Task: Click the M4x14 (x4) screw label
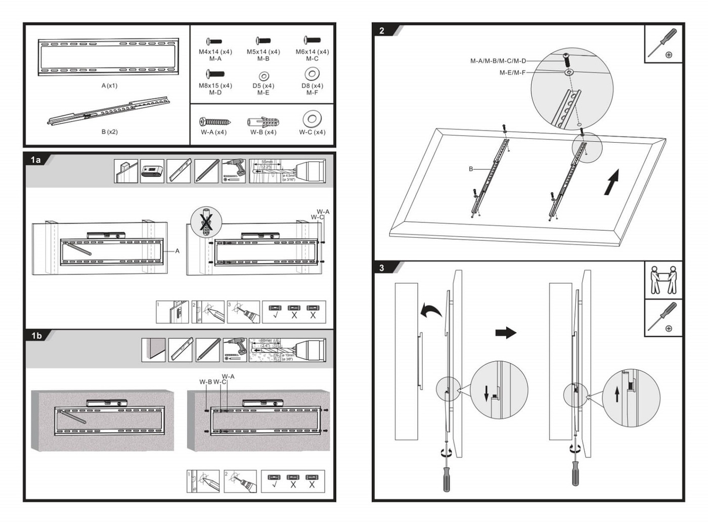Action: [x=215, y=52]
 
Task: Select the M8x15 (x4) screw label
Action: [x=215, y=85]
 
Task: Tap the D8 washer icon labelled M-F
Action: [x=312, y=74]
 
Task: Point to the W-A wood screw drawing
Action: [x=215, y=122]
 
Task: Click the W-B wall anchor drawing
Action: [x=263, y=122]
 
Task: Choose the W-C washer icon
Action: [x=312, y=119]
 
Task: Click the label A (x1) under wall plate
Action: [x=109, y=85]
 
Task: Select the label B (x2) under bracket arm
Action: [x=109, y=132]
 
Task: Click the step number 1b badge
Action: [x=36, y=335]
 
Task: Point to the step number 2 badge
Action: [x=382, y=31]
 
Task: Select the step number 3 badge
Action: [x=382, y=268]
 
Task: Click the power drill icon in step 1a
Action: [x=234, y=171]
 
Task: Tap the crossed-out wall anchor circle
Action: [x=206, y=222]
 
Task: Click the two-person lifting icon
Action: [x=663, y=280]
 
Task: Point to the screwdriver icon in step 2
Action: [x=663, y=43]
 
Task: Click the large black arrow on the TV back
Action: [x=612, y=182]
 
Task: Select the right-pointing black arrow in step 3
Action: [x=505, y=332]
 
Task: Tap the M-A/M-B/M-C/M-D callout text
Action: [x=498, y=61]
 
